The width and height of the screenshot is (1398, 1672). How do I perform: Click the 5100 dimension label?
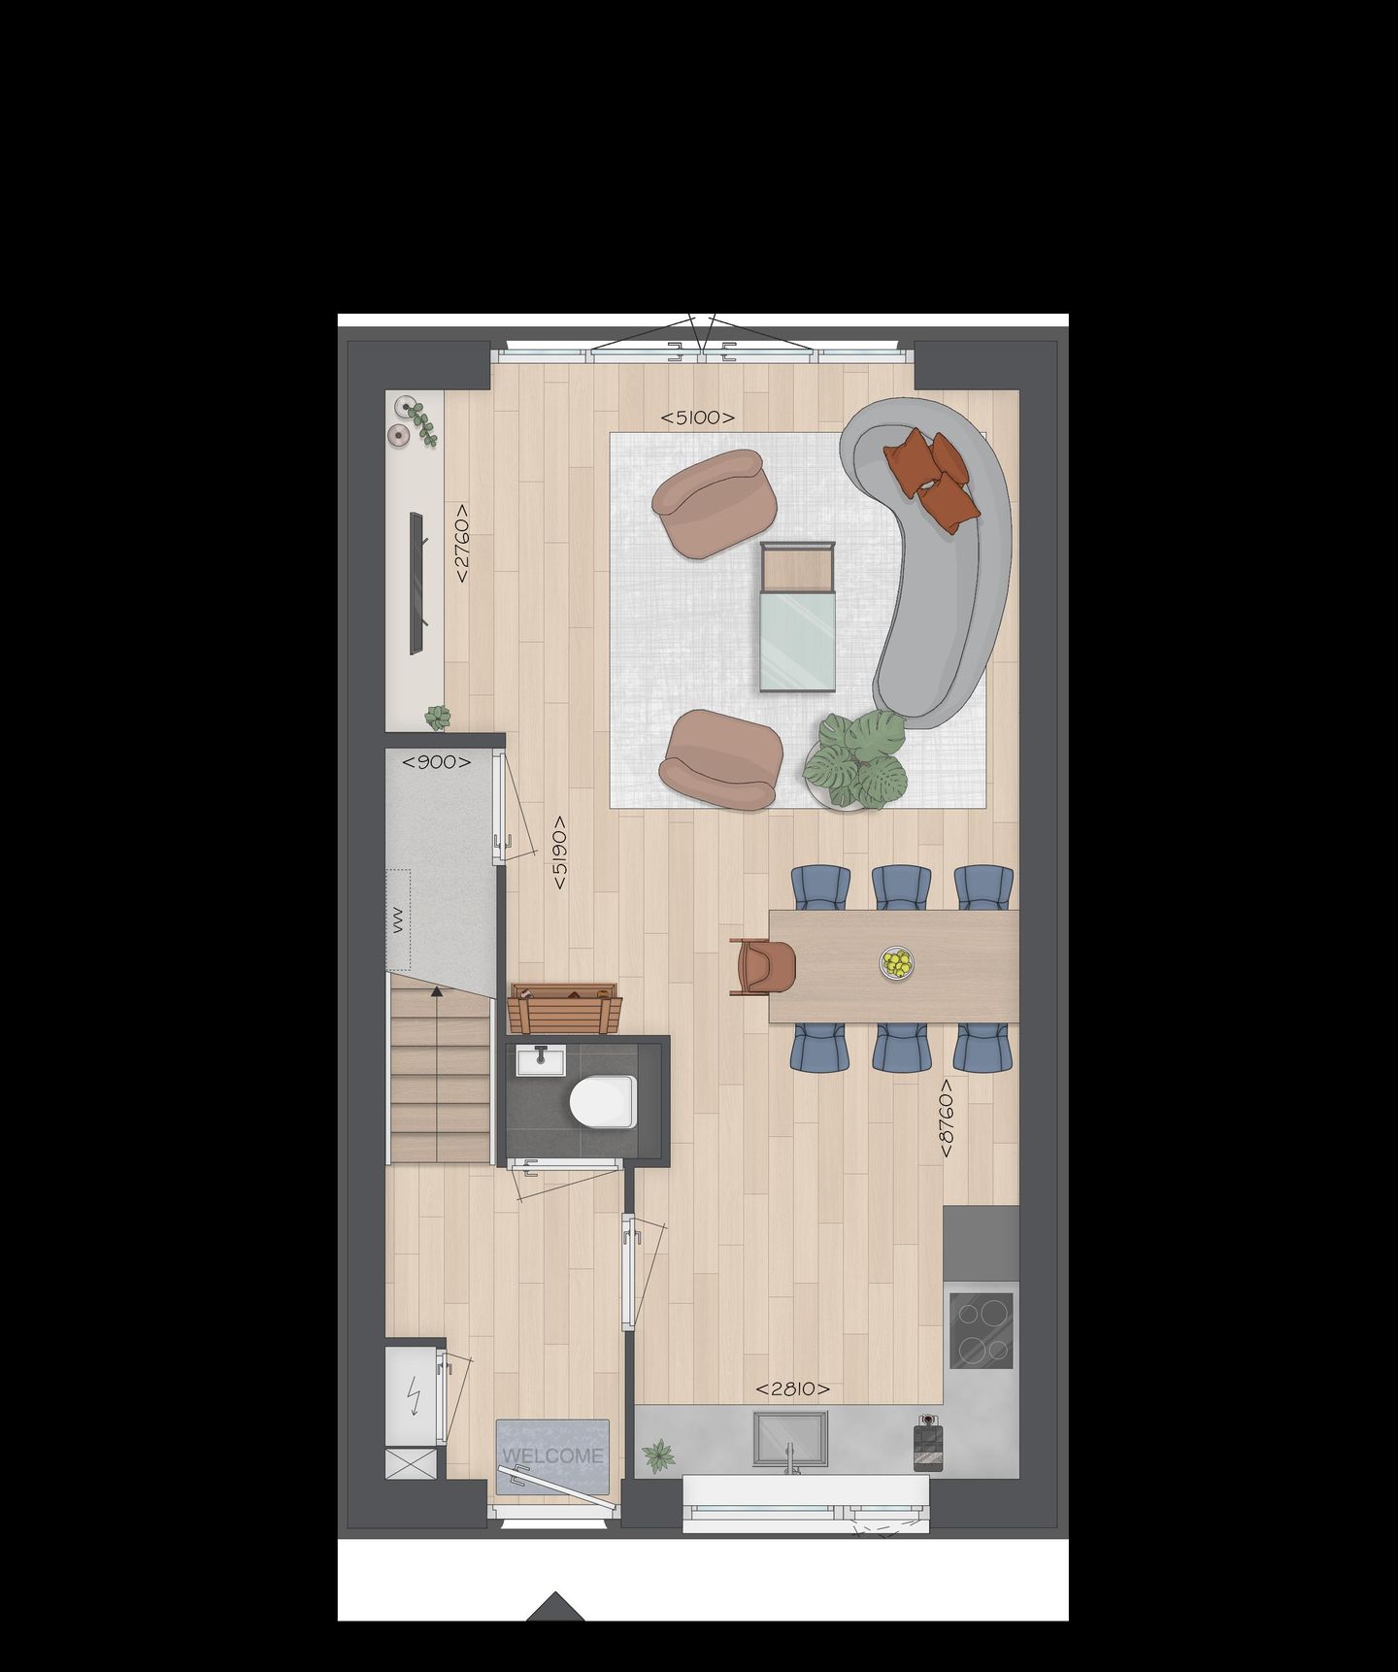(697, 418)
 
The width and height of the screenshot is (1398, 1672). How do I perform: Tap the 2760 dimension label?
(461, 543)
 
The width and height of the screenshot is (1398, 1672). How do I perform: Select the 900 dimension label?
(436, 762)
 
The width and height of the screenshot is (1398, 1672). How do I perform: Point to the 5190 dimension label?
(559, 853)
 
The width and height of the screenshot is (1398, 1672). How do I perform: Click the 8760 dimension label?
(947, 1118)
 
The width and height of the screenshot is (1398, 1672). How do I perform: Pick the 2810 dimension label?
(792, 1389)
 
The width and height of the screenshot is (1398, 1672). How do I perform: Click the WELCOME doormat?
(552, 1455)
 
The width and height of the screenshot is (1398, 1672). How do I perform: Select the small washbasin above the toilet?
(540, 1060)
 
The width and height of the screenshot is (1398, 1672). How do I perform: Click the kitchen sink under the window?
(790, 1439)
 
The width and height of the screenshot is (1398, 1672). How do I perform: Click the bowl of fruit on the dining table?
(896, 963)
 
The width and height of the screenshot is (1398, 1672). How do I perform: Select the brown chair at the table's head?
(766, 967)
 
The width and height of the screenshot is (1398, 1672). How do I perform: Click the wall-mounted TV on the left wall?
(417, 582)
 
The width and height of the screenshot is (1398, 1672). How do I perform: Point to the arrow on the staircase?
(438, 990)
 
